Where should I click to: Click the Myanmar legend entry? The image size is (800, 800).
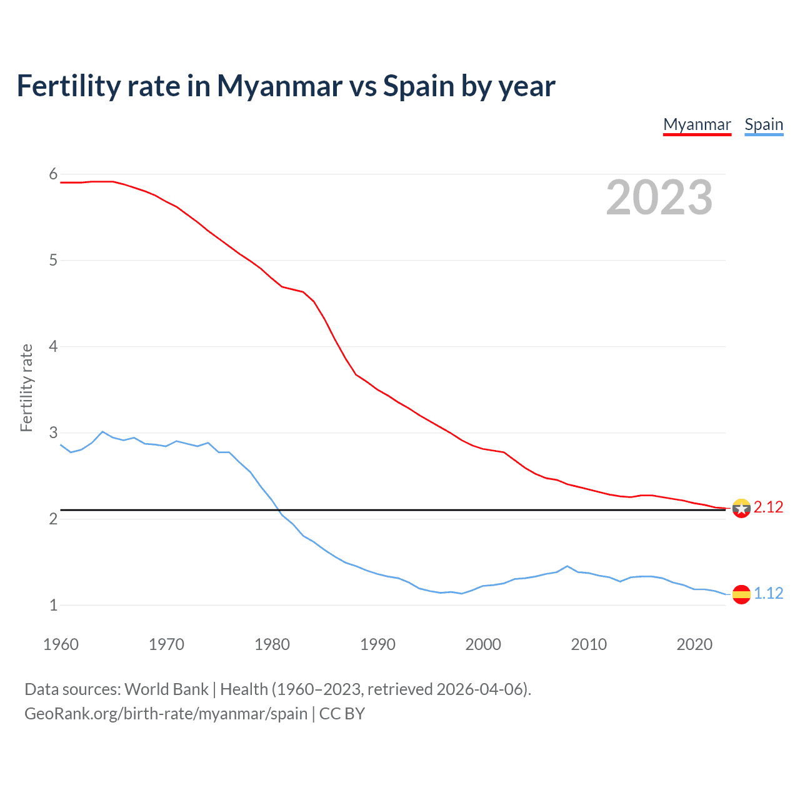click(697, 124)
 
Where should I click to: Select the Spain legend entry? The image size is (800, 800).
click(764, 124)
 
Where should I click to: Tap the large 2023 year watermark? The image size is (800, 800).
click(659, 197)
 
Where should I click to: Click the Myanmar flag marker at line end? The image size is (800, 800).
click(741, 508)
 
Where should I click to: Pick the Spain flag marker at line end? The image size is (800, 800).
click(741, 594)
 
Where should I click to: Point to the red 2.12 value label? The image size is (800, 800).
click(768, 507)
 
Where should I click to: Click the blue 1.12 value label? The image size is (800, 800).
click(768, 593)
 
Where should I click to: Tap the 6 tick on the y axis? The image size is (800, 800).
click(53, 174)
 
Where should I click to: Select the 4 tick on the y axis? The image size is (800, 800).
click(53, 346)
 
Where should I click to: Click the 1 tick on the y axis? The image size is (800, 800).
click(53, 605)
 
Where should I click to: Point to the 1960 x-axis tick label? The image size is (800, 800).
click(61, 644)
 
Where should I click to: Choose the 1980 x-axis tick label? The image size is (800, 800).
click(272, 644)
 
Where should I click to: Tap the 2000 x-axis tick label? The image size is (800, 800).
click(483, 644)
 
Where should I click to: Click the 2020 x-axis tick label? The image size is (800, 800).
click(694, 644)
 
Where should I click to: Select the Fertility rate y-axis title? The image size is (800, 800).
click(26, 387)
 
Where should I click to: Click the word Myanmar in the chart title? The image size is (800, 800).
click(279, 86)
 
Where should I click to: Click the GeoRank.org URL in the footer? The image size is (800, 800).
click(166, 714)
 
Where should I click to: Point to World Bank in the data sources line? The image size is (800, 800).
click(166, 689)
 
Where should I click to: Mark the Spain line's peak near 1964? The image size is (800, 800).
click(102, 431)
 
